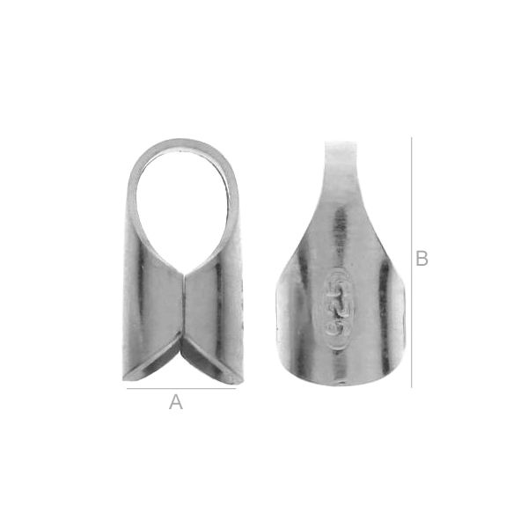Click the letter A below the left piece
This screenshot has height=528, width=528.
(176, 402)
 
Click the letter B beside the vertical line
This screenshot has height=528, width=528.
(422, 258)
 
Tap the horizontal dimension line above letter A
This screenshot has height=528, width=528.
(181, 388)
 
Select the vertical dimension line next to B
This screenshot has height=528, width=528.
(411, 262)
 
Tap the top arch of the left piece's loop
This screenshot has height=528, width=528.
(182, 144)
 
